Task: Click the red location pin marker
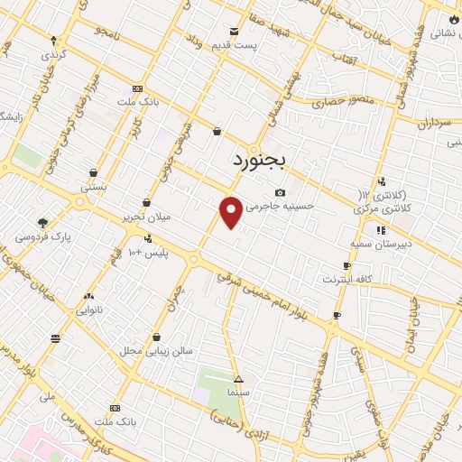pyautogui.click(x=231, y=212)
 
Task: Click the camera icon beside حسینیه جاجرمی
pyautogui.click(x=280, y=192)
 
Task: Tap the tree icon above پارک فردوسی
pyautogui.click(x=42, y=223)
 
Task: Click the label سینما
pyautogui.click(x=238, y=393)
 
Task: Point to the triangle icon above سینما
pyautogui.click(x=238, y=380)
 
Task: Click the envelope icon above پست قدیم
pyautogui.click(x=235, y=31)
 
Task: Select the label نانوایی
pyautogui.click(x=88, y=309)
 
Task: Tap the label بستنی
pyautogui.click(x=94, y=187)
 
